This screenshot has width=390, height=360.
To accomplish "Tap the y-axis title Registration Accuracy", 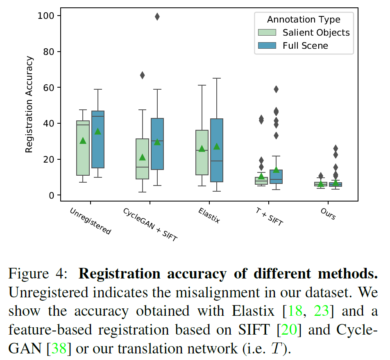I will click(x=29, y=105).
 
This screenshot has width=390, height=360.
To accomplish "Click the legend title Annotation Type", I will click(x=304, y=19).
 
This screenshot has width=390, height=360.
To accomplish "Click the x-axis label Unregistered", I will click(x=90, y=221).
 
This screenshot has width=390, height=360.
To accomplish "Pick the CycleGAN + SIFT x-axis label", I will click(x=150, y=224).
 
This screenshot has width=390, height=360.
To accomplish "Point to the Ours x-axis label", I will click(x=328, y=213).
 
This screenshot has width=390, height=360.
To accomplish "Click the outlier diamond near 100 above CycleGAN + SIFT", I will click(x=157, y=16).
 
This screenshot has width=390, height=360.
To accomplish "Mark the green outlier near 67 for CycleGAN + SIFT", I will click(x=142, y=75).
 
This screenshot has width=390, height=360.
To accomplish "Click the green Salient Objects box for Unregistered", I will click(x=83, y=148).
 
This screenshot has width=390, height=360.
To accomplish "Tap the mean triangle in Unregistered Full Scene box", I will click(x=97, y=131).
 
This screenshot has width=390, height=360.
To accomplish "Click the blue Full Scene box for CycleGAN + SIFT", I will click(x=157, y=144).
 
